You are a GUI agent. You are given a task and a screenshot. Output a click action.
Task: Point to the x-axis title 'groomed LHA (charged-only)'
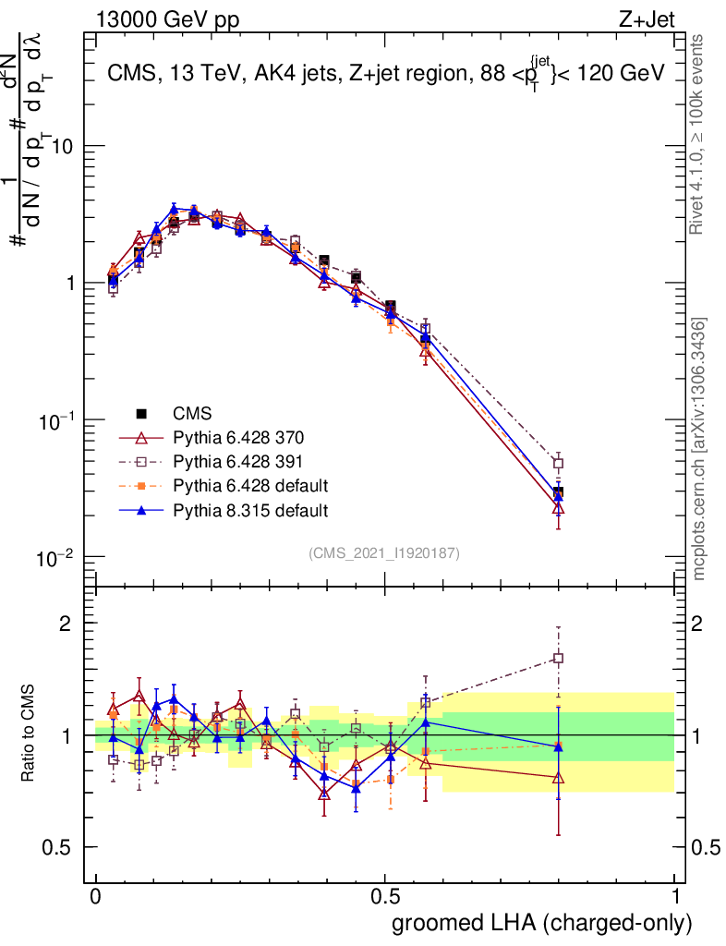pyautogui.click(x=543, y=923)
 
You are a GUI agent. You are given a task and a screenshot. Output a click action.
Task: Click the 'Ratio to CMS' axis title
pyautogui.click(x=29, y=734)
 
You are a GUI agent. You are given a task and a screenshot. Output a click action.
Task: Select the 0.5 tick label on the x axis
pyautogui.click(x=385, y=897)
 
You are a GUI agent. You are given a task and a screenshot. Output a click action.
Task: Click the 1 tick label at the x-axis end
pyautogui.click(x=675, y=897)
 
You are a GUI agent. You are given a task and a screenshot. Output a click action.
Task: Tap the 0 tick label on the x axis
pyautogui.click(x=95, y=897)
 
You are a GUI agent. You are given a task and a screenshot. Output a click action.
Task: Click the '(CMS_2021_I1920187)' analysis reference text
pyautogui.click(x=384, y=553)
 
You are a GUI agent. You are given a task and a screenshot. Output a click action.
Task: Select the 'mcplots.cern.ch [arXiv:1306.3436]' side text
pyautogui.click(x=700, y=449)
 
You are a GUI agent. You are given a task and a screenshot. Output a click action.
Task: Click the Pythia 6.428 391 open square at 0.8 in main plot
pyautogui.click(x=558, y=463)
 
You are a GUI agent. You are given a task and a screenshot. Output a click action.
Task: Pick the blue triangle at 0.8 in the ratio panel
pyautogui.click(x=558, y=746)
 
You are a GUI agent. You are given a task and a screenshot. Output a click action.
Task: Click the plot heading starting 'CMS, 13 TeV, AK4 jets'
pyautogui.click(x=385, y=74)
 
